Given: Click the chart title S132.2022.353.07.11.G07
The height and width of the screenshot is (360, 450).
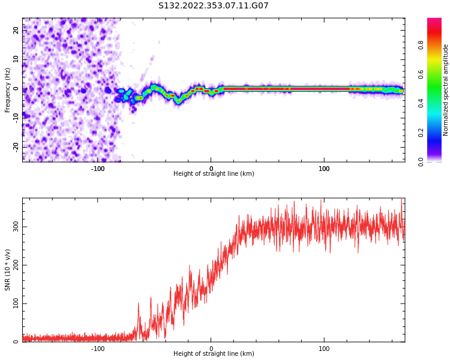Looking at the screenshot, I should pos(214,6).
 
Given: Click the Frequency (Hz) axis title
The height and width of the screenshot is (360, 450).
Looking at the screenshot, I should pos(8,90).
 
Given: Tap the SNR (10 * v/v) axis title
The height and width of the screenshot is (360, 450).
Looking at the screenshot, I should pos(8,270).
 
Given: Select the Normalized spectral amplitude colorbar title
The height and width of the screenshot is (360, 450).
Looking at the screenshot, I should pos(446,90).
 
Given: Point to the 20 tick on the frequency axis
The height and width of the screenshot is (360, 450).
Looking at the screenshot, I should pos(16,31).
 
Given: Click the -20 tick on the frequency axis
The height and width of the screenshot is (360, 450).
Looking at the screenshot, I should pos(16,146).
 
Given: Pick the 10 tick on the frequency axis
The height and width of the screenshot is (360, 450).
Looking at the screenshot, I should pos(16,59).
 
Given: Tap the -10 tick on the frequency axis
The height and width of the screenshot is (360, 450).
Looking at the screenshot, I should pos(16,118).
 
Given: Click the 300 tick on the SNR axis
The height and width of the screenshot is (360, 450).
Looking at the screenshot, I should pos(14,226).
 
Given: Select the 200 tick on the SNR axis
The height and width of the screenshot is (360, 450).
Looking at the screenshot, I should pos(14,265).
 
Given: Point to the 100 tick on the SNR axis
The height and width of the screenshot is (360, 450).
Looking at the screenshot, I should pos(14,303).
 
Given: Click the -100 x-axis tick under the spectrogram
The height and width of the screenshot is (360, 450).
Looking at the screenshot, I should pos(98,169).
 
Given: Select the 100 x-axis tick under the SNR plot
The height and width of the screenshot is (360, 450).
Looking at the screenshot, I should pos(324,349).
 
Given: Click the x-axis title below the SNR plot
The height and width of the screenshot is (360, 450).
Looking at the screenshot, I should pos(214,354).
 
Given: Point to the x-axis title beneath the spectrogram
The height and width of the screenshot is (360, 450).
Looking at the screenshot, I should pos(214,174).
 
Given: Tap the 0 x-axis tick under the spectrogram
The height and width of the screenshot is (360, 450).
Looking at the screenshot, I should pos(211,169).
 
